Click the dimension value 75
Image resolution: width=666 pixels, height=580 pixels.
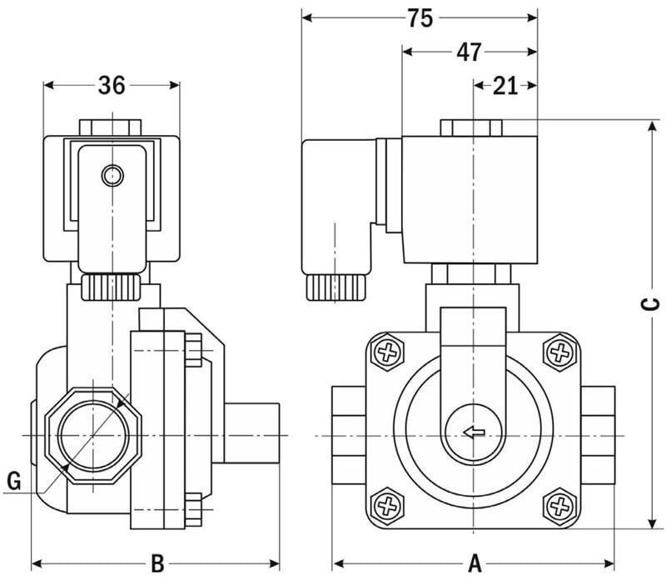[420, 17]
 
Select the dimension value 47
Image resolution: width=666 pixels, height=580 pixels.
[469, 52]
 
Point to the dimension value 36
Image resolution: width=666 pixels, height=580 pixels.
[112, 85]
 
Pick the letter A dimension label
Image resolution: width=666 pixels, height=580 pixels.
[475, 562]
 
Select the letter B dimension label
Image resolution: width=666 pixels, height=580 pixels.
[155, 562]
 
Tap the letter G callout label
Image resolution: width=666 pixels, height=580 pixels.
[13, 480]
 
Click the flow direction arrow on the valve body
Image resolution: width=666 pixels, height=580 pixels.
[474, 432]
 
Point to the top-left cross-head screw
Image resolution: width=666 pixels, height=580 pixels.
[387, 352]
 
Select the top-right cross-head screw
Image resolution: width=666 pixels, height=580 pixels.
[559, 352]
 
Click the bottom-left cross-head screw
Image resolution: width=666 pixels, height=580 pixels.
[387, 505]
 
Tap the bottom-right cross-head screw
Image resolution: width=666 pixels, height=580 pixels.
[559, 505]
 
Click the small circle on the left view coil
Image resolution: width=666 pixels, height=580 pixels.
[112, 175]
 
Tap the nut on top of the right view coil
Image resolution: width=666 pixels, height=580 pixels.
[471, 127]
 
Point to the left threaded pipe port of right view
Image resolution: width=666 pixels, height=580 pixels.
[348, 433]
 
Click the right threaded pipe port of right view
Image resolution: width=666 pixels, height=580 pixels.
[599, 433]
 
